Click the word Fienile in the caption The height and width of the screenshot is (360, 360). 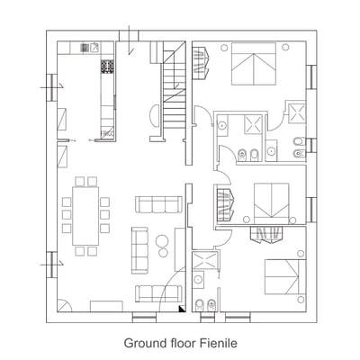218,343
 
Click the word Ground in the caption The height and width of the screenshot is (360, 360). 143,343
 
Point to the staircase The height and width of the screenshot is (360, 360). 175,94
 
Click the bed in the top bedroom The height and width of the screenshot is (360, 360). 254,66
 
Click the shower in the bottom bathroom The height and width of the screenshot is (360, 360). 203,261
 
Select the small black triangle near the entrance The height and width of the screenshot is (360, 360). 182,308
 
